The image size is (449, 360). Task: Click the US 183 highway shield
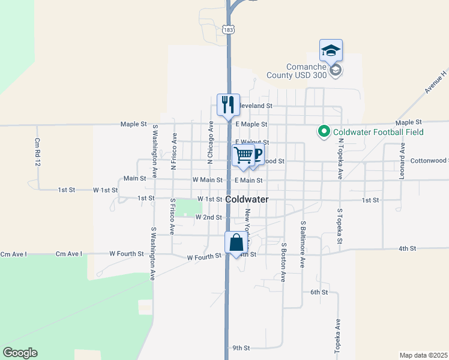click(228, 29)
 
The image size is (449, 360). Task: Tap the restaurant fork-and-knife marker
click(228, 104)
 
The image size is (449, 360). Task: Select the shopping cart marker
click(244, 155)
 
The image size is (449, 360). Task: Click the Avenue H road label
click(436, 82)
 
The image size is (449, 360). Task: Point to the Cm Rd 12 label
click(37, 152)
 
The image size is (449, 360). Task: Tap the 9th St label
click(241, 347)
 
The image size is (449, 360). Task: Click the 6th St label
click(319, 292)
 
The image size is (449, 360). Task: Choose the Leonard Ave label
click(402, 157)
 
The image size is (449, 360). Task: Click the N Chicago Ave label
click(210, 142)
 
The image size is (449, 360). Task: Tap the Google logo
click(20, 353)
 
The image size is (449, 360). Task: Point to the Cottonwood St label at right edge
click(429, 161)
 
